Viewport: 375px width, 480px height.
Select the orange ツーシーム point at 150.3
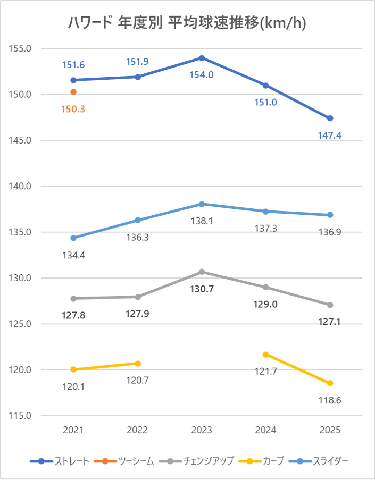[73, 92]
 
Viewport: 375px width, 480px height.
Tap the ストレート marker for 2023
[202, 58]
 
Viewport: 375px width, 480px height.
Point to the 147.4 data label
[330, 136]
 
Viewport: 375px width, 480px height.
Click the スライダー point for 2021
[73, 238]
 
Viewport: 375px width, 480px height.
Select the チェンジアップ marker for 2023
[202, 272]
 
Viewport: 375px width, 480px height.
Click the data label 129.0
[266, 305]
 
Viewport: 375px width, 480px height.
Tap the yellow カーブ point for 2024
[266, 355]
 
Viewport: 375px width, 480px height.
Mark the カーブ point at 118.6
[330, 383]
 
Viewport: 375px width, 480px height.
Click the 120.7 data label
[138, 381]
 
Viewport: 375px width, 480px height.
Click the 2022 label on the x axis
[138, 430]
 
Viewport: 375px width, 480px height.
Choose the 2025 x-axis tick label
[330, 430]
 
